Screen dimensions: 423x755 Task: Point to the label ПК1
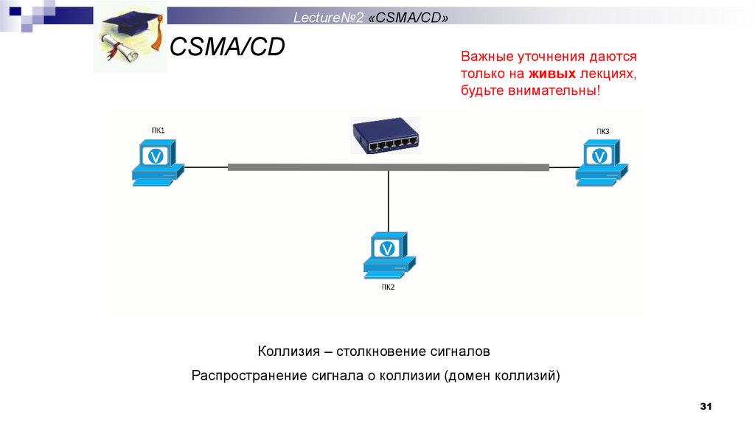coord(158,130)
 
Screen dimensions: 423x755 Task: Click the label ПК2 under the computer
coord(389,287)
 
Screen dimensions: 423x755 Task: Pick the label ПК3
coord(603,131)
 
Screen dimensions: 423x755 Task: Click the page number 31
coord(706,407)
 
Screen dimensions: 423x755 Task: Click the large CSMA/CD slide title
coord(228,48)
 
